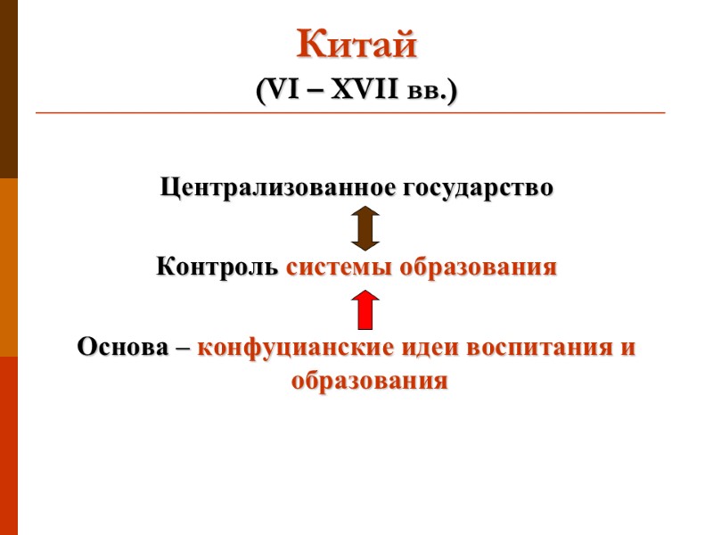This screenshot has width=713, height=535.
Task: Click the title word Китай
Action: pyautogui.click(x=356, y=45)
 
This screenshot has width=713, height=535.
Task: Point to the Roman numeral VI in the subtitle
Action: pyautogui.click(x=276, y=91)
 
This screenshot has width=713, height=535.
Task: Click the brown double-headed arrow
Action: pyautogui.click(x=365, y=227)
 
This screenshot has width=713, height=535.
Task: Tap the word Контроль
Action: pyautogui.click(x=217, y=267)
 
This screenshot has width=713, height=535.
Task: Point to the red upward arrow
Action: pyautogui.click(x=365, y=309)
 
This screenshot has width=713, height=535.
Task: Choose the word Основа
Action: pyautogui.click(x=122, y=347)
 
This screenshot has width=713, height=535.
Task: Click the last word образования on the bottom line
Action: pyautogui.click(x=369, y=381)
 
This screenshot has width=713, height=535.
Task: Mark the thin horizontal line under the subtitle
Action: pyautogui.click(x=350, y=113)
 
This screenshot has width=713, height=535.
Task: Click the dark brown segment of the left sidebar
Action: pyautogui.click(x=9, y=89)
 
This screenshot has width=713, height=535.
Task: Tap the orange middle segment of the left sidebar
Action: pyautogui.click(x=9, y=267)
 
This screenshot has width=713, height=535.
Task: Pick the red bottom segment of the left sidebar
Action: pyautogui.click(x=9, y=446)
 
